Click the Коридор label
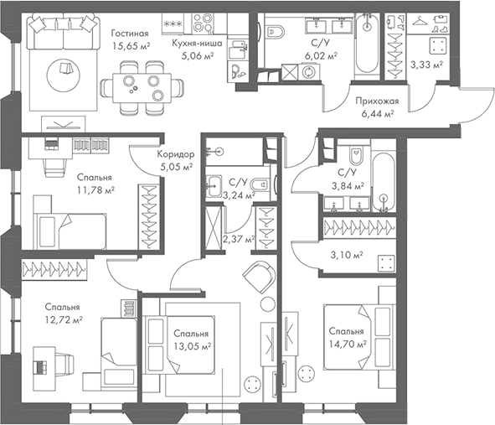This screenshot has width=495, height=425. [176, 154]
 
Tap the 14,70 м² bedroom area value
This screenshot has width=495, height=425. [348, 344]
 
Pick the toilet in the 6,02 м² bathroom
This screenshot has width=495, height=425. [282, 33]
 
